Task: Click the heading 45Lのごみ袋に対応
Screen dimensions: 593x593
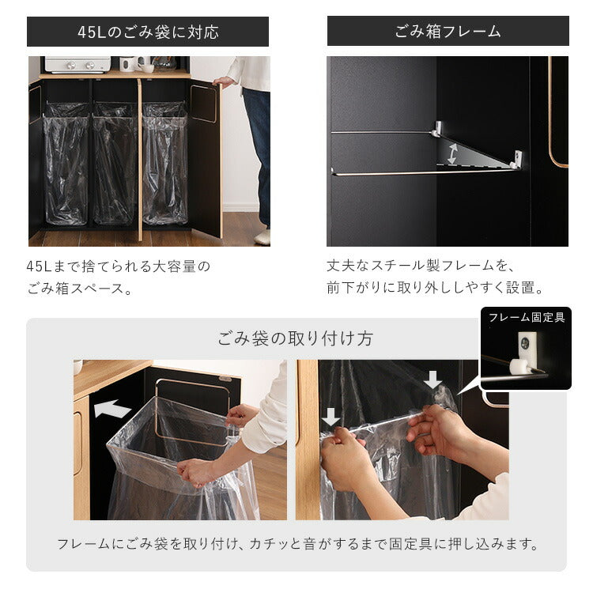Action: tap(148, 32)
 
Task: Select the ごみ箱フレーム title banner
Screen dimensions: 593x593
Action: tap(448, 32)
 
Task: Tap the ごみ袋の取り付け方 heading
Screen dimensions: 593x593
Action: tap(296, 339)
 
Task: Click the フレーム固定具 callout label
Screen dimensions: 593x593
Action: tap(526, 318)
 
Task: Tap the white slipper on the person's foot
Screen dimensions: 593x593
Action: tap(263, 236)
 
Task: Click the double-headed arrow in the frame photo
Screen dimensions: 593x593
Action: tap(451, 152)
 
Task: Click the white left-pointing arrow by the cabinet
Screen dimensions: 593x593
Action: tap(112, 410)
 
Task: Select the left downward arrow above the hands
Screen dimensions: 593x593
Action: tap(331, 417)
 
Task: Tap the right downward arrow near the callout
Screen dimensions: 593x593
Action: tap(432, 381)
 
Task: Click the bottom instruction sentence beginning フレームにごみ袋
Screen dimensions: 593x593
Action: tap(297, 544)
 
